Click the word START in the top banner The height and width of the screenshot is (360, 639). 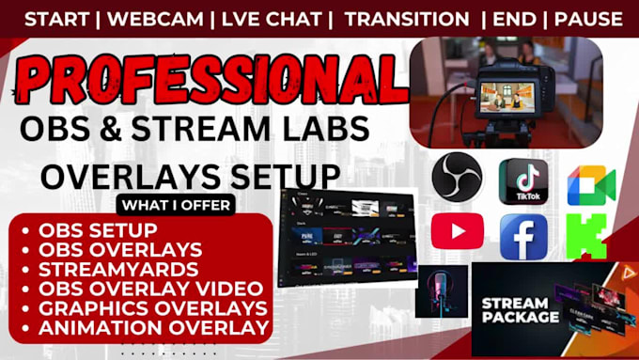55,18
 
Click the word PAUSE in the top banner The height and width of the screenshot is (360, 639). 587,18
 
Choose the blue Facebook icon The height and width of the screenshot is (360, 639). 523,236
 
